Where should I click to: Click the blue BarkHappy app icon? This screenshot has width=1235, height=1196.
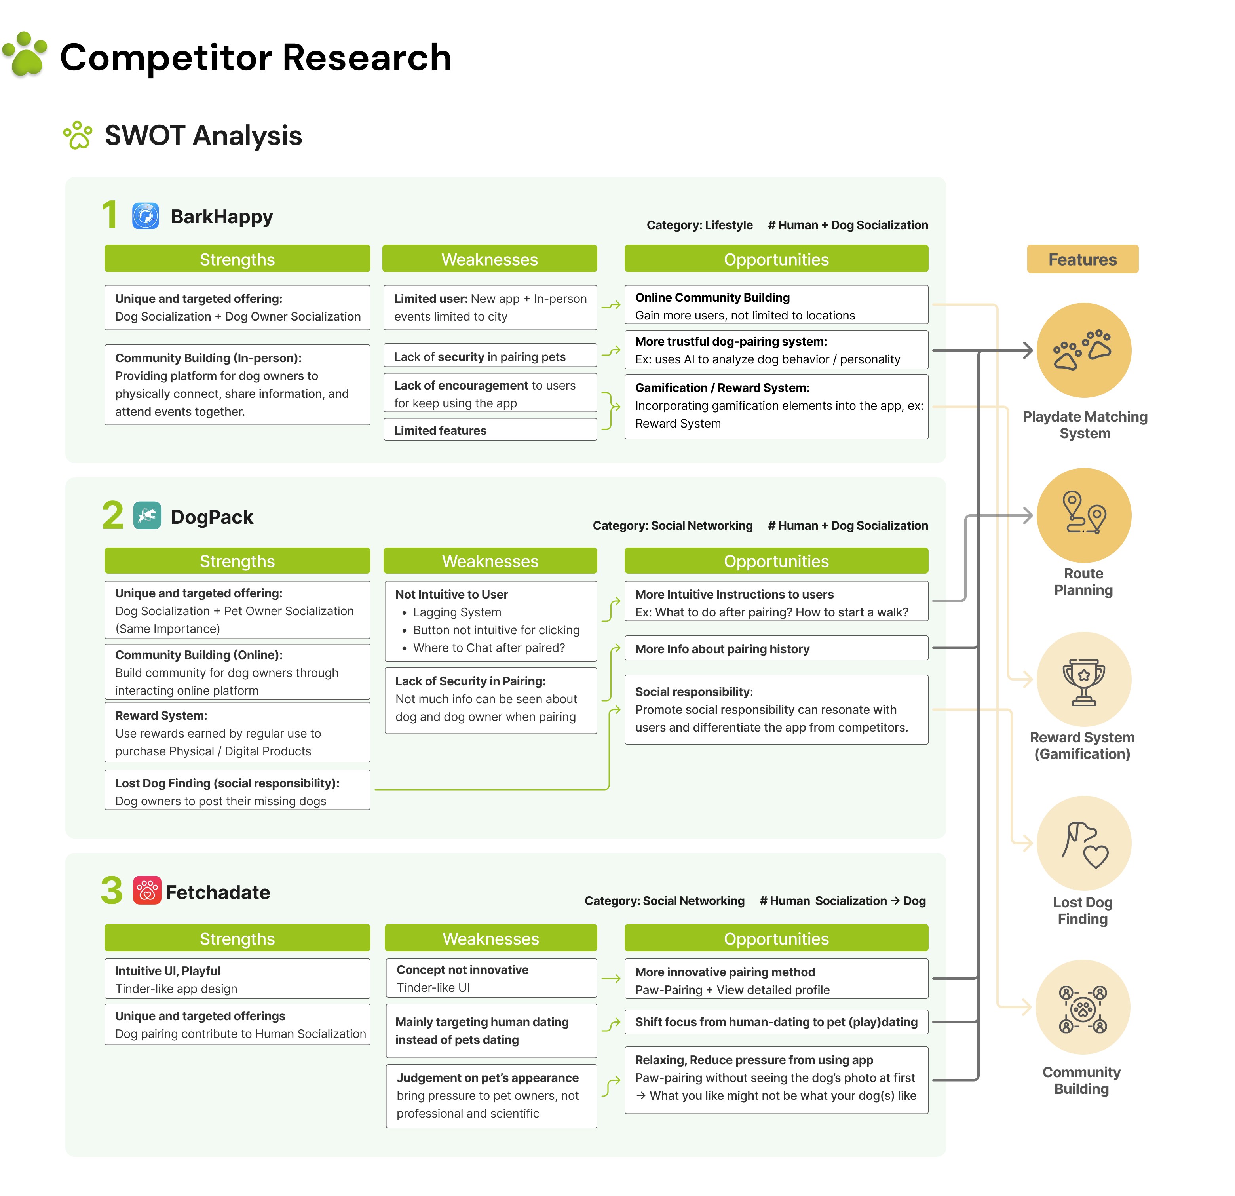tap(146, 216)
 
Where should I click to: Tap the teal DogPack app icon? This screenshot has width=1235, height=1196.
tap(147, 515)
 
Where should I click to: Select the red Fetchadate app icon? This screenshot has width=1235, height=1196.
tap(147, 890)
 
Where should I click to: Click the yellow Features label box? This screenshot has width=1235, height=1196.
tap(1083, 259)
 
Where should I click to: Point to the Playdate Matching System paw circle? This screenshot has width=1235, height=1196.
tap(1084, 350)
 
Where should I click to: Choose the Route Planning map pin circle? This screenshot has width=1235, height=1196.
tap(1084, 515)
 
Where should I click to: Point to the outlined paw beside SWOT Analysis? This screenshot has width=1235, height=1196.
tap(78, 135)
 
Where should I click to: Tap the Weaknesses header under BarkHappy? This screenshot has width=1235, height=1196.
tap(490, 259)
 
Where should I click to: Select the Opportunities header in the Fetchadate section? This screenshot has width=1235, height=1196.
tap(776, 938)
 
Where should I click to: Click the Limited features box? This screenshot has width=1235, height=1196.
tap(490, 430)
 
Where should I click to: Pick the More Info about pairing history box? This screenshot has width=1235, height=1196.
tap(776, 648)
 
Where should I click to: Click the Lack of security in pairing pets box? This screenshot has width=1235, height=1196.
tap(490, 356)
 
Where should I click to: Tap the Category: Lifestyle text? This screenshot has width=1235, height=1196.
tap(699, 225)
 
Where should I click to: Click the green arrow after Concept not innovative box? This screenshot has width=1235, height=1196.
tap(610, 979)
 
